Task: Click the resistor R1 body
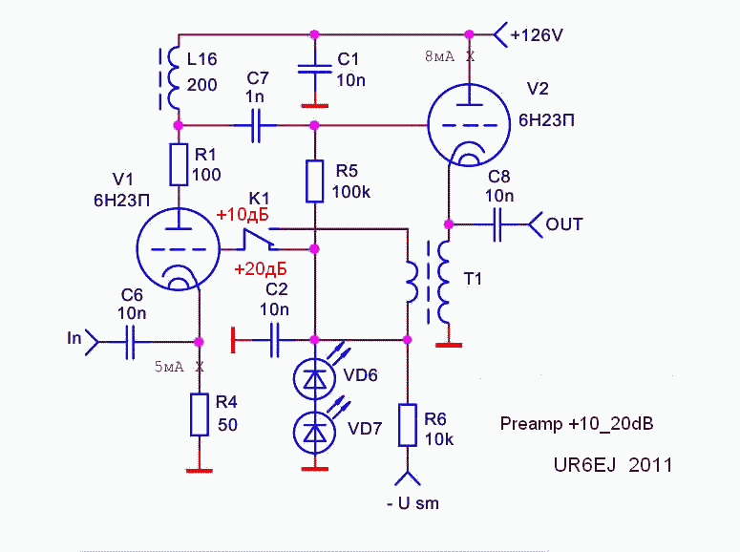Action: [178, 164]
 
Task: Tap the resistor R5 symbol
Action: [315, 181]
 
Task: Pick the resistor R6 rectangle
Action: [408, 425]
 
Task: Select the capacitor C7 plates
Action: [256, 125]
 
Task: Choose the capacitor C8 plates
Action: [498, 225]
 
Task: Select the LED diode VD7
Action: [314, 433]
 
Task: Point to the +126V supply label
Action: [537, 35]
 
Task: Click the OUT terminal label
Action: [564, 225]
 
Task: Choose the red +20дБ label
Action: [261, 270]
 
